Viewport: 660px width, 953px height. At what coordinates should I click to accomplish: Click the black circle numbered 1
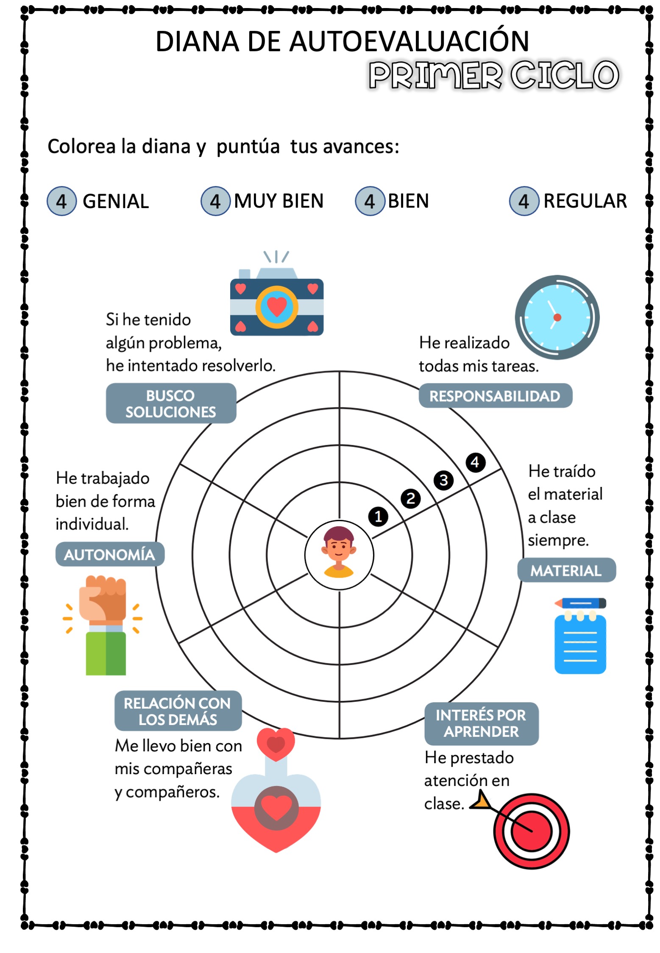tap(378, 517)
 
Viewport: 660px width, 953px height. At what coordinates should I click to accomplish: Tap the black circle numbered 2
tap(410, 498)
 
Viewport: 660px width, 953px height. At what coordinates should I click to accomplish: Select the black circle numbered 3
tap(443, 480)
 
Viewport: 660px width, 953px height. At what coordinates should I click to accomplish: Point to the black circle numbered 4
tap(475, 462)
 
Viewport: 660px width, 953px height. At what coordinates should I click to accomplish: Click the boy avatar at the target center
tap(339, 552)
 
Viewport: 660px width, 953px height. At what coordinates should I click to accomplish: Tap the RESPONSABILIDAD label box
tap(495, 396)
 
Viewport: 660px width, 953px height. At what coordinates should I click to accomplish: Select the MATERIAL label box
tap(566, 570)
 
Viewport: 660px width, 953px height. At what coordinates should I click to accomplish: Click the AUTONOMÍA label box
tap(110, 554)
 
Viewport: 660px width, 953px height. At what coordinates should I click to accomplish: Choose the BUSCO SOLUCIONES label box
tap(171, 403)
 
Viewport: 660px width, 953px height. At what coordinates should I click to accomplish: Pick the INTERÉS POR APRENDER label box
tap(481, 723)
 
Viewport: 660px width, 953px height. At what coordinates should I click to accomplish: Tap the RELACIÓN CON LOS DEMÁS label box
tap(178, 711)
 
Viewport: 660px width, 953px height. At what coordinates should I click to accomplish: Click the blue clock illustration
tap(557, 317)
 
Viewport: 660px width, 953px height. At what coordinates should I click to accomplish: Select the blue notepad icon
tap(580, 636)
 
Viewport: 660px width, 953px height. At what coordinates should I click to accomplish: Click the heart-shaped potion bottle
tap(276, 790)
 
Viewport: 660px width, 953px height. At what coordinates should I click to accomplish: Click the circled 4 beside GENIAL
tap(61, 201)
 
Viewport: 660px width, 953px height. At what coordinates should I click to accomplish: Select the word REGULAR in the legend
tap(585, 201)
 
